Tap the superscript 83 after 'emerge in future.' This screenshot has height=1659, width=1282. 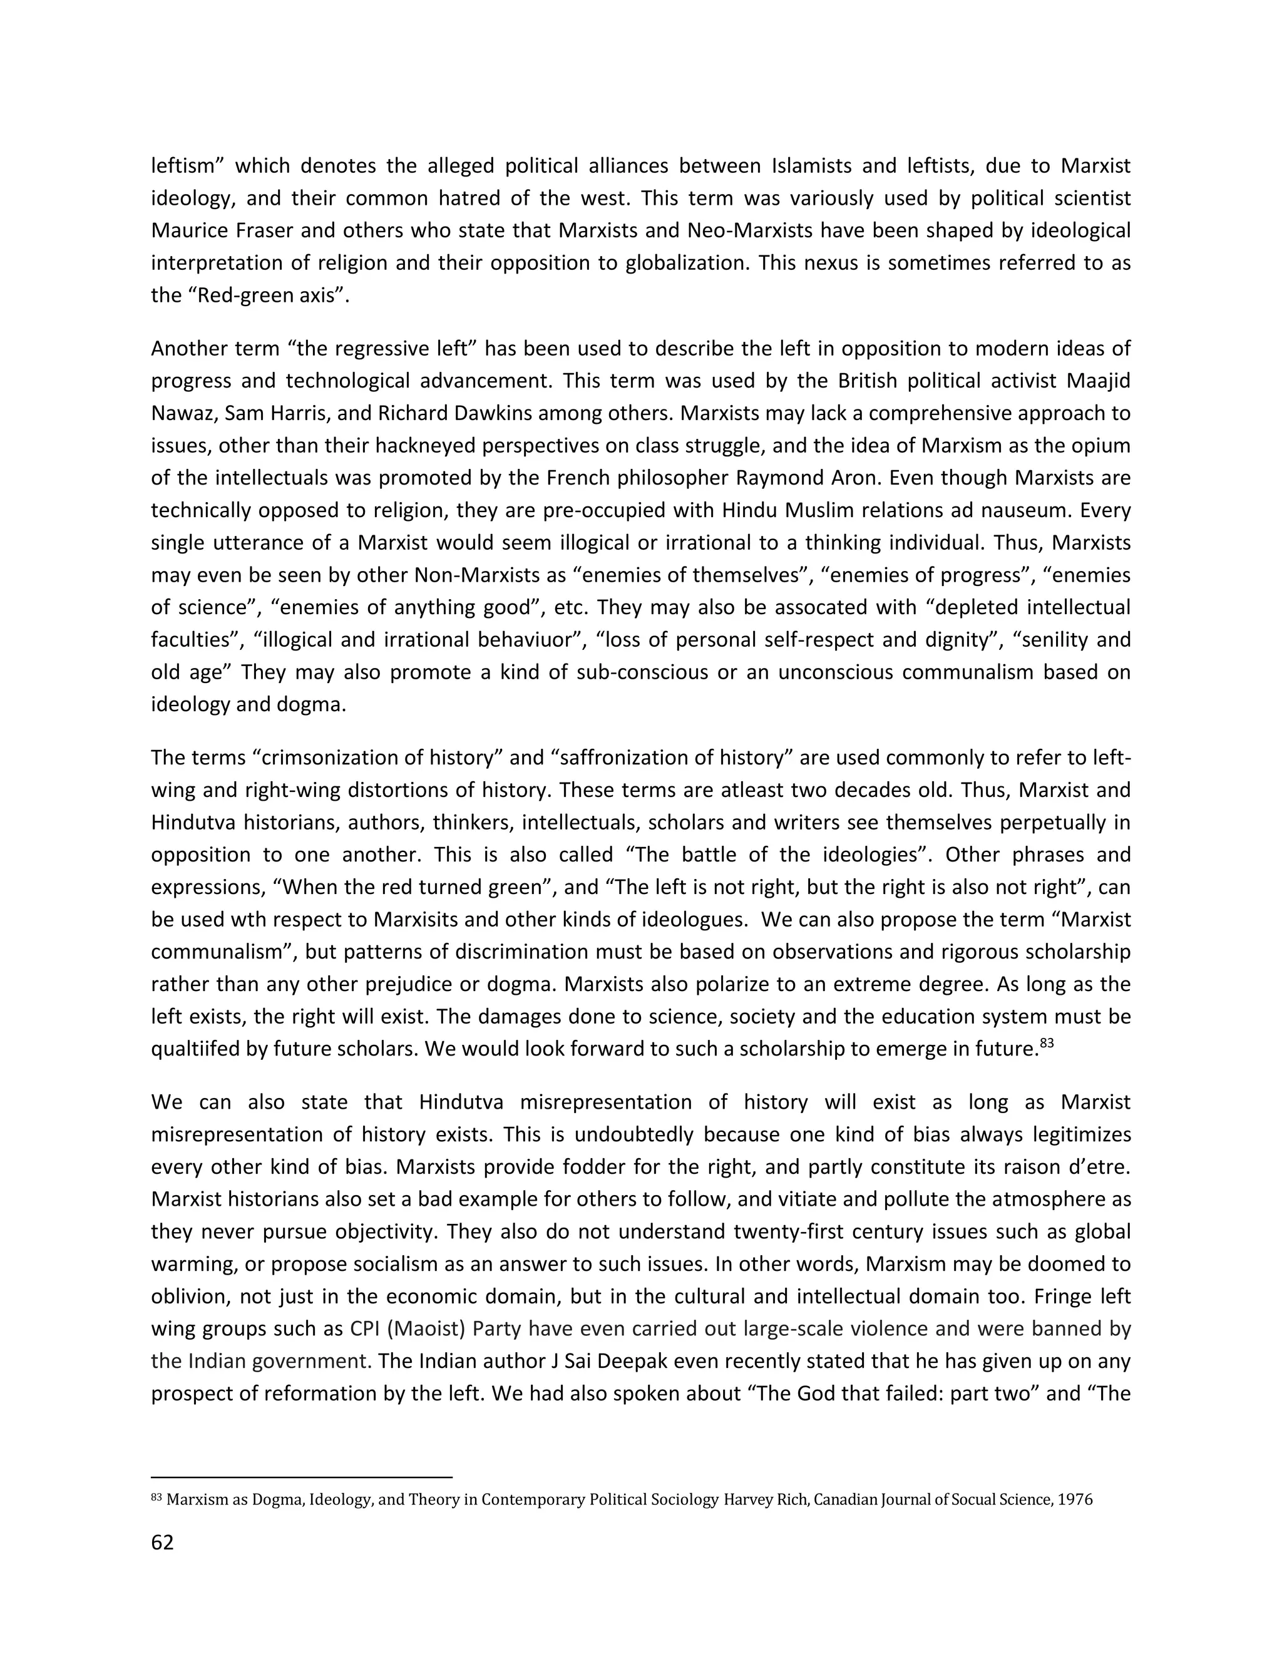tap(1047, 1044)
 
